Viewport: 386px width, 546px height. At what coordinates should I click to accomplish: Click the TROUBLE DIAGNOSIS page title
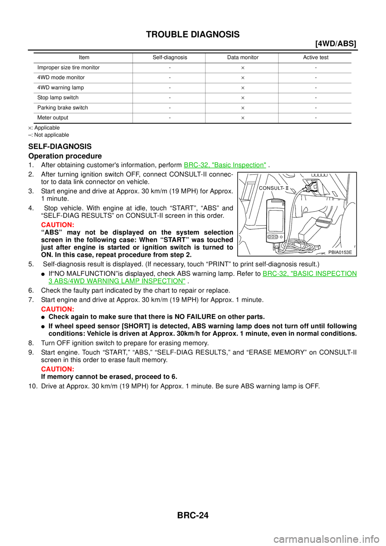point(193,34)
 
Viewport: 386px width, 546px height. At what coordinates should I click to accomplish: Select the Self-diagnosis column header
point(170,57)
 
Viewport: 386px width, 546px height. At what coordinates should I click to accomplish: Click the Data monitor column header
point(243,57)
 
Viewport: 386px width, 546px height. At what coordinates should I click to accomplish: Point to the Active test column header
point(316,57)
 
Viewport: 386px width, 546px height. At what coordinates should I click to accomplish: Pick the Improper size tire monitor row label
point(68,68)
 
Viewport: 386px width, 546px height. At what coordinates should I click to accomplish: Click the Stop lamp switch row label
point(58,97)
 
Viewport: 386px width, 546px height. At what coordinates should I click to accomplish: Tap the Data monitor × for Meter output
point(243,118)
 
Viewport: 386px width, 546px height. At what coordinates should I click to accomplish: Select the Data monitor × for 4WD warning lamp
point(243,88)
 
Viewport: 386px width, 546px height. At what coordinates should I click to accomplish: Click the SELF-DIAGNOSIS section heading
point(60,146)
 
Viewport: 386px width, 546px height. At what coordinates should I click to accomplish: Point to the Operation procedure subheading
point(65,156)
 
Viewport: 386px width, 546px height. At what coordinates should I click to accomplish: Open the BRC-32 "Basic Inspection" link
point(225,165)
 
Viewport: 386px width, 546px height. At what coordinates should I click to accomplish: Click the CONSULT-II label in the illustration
point(273,188)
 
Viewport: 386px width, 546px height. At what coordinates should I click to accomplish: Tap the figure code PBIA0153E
point(340,252)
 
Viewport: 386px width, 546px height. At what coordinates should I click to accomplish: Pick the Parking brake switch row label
point(63,108)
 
